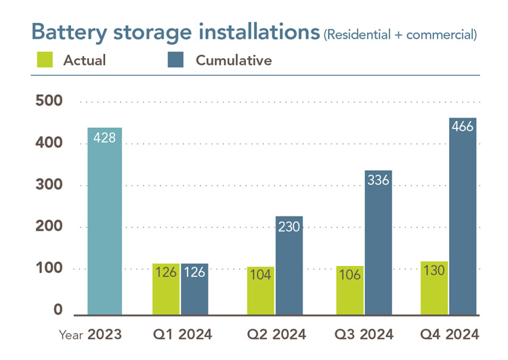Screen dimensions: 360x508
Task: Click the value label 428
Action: coord(104,137)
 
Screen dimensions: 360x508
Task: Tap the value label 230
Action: coord(289,227)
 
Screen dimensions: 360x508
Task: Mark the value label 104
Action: coord(261,277)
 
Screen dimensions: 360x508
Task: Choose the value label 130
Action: coord(434,271)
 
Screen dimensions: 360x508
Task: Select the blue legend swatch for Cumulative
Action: coord(175,60)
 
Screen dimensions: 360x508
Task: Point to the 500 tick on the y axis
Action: coord(49,102)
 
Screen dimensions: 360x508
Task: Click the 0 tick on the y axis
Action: coord(58,311)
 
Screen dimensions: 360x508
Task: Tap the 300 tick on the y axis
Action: coord(49,185)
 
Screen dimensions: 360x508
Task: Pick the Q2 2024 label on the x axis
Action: coord(275,334)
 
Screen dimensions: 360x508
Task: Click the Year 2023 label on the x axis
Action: coord(90,334)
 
